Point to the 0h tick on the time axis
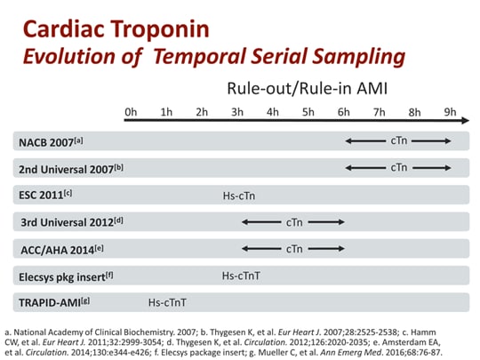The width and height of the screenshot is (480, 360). (132, 113)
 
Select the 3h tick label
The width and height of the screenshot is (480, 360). (237, 113)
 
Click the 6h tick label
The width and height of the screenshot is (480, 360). (343, 113)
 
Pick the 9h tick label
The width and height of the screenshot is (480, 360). (450, 113)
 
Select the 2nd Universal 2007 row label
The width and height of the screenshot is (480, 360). (69, 168)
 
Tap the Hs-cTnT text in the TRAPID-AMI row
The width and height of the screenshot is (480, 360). (169, 302)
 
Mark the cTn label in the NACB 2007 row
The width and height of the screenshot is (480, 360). (399, 140)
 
